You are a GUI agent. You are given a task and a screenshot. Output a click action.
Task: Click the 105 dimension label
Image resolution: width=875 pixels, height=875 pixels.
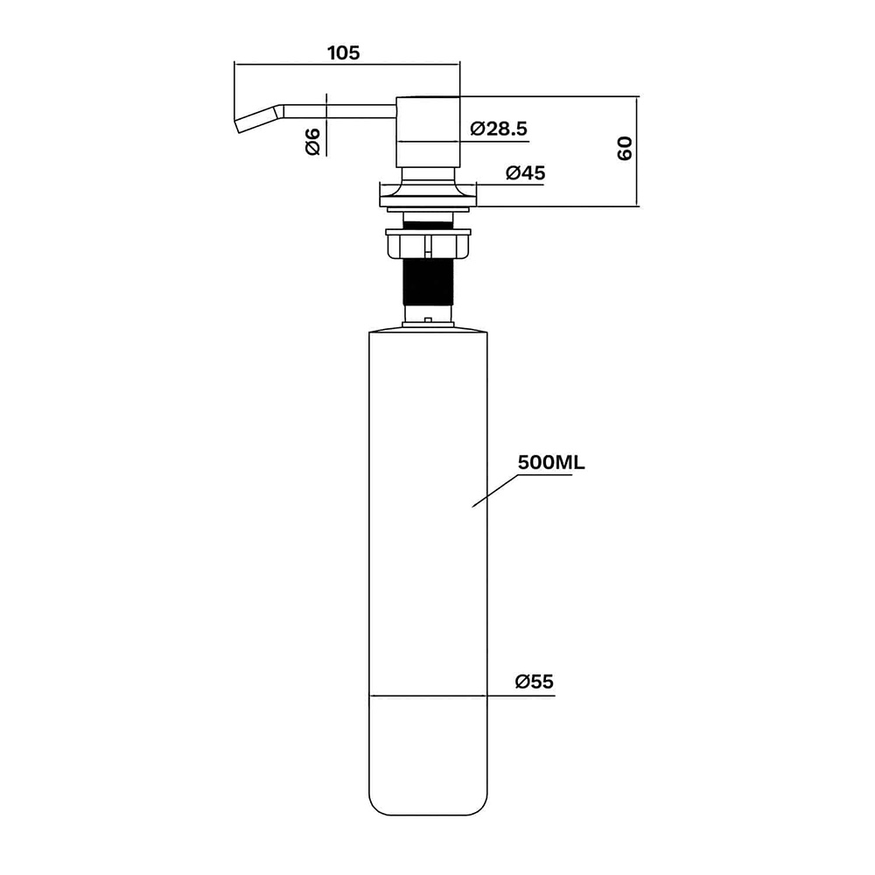(343, 53)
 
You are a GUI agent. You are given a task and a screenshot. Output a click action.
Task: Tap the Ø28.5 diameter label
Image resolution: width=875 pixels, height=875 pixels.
(499, 129)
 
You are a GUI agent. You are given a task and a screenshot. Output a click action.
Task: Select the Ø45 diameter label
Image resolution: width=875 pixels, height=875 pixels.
(525, 173)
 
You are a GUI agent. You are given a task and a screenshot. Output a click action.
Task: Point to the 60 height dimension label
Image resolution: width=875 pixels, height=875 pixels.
(625, 148)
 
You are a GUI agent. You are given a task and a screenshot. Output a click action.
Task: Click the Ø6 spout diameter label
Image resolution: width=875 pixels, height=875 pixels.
(312, 141)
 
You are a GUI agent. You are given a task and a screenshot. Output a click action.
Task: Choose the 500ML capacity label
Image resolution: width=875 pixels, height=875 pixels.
(551, 463)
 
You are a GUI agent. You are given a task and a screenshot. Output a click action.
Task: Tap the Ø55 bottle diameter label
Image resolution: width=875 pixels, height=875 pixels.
(534, 682)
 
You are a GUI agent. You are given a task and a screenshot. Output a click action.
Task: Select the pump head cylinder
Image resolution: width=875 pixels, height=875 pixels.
(428, 132)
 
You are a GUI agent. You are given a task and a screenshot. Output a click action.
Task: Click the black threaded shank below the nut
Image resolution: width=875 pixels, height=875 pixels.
(428, 282)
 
